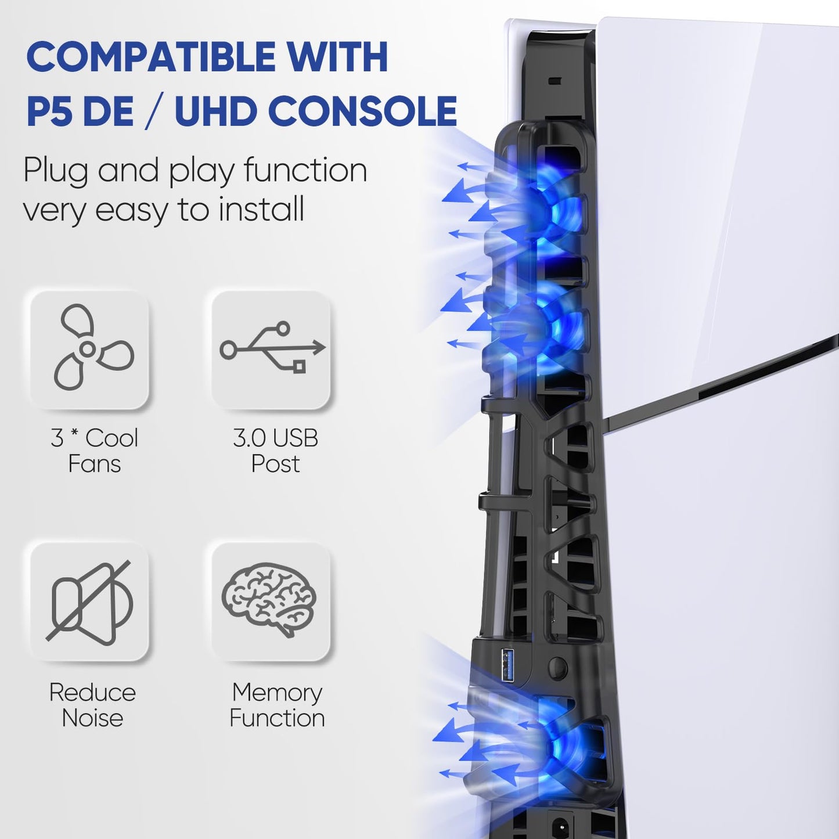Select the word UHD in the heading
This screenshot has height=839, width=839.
[x=215, y=111]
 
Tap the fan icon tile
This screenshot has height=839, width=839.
[x=90, y=350]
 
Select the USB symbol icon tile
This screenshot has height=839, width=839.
[x=271, y=350]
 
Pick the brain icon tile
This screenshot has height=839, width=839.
[x=271, y=601]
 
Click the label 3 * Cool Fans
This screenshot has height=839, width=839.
[x=94, y=451]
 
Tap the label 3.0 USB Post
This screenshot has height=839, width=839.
[x=275, y=451]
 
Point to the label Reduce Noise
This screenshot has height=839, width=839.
[x=92, y=705]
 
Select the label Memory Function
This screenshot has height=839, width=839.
[x=277, y=705]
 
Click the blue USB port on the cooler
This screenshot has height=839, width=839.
[x=507, y=666]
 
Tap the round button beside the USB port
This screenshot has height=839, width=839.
[x=557, y=668]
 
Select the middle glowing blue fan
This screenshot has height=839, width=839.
[x=549, y=328]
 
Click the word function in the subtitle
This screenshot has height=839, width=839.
[x=305, y=171]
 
